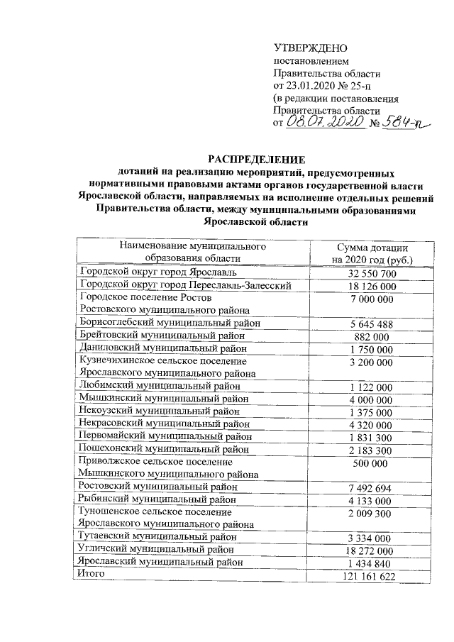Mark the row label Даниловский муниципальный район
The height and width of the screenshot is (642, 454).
tap(163, 348)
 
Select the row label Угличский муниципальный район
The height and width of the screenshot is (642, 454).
tap(160, 550)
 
